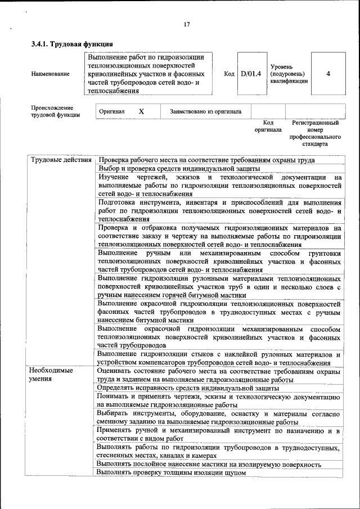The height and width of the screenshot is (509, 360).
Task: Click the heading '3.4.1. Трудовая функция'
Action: coord(73,44)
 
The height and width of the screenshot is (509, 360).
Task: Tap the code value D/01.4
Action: coord(251,74)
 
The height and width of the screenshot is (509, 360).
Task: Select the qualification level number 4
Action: coord(328,74)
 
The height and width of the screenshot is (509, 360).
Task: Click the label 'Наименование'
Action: coord(51,74)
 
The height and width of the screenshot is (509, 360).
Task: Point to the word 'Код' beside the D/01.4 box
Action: coord(229,74)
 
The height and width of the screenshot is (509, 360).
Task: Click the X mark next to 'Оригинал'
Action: coord(141,111)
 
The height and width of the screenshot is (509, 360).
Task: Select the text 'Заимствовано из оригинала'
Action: coord(206,111)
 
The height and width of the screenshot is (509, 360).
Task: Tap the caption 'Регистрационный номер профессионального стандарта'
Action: coord(316,133)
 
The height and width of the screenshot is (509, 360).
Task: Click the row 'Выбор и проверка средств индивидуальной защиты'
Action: coord(178,168)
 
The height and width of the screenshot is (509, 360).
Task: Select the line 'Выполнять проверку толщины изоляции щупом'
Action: coord(172,473)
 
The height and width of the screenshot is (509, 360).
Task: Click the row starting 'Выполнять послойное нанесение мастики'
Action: coord(209,465)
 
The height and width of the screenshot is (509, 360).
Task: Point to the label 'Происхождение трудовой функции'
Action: coord(55,111)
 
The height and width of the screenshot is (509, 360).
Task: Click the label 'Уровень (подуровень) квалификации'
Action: coord(289,74)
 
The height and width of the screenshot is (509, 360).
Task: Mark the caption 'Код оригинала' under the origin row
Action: coord(268,125)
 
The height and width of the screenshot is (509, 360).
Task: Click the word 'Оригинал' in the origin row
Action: coord(111,111)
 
